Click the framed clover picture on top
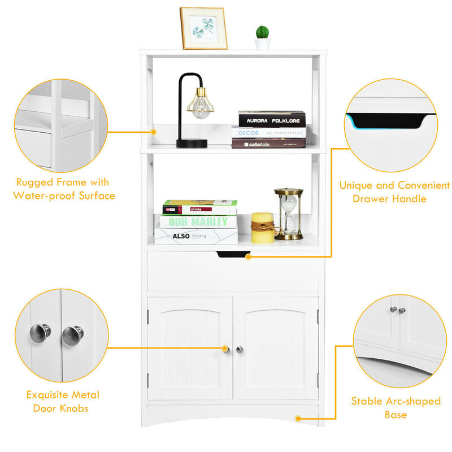click(203, 28)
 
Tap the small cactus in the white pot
click(262, 35)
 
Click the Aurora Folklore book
click(272, 120)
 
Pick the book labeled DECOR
click(268, 133)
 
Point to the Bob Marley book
click(197, 221)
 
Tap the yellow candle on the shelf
click(262, 228)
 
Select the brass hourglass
click(289, 214)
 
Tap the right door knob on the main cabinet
click(239, 350)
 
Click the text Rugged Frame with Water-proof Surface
click(63, 189)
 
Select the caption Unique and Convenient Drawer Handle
click(394, 192)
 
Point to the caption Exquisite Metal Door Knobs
click(63, 401)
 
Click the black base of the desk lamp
click(192, 144)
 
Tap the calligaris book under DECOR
click(268, 144)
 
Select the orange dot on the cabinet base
click(298, 419)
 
